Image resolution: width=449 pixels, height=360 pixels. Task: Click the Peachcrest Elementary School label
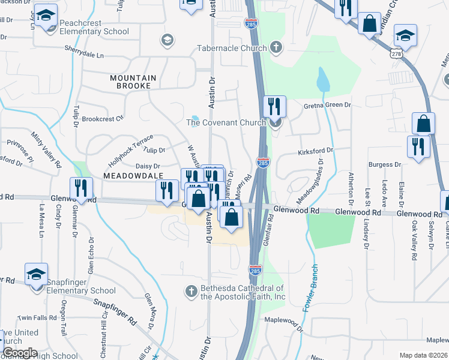pyautogui.click(x=94, y=27)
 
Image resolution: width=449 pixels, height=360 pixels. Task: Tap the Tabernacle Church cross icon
pyautogui.click(x=276, y=47)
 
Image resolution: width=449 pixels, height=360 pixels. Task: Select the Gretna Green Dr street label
pyautogui.click(x=327, y=105)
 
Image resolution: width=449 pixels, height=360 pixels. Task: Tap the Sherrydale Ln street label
pyautogui.click(x=84, y=55)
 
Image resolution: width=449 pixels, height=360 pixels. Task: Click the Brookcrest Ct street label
pyautogui.click(x=102, y=118)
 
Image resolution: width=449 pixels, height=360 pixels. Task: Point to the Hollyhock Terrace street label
pyautogui.click(x=130, y=150)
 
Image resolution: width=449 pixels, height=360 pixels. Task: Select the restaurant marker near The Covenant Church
pyautogui.click(x=274, y=107)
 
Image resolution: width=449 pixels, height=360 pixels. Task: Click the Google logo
pyautogui.click(x=20, y=353)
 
